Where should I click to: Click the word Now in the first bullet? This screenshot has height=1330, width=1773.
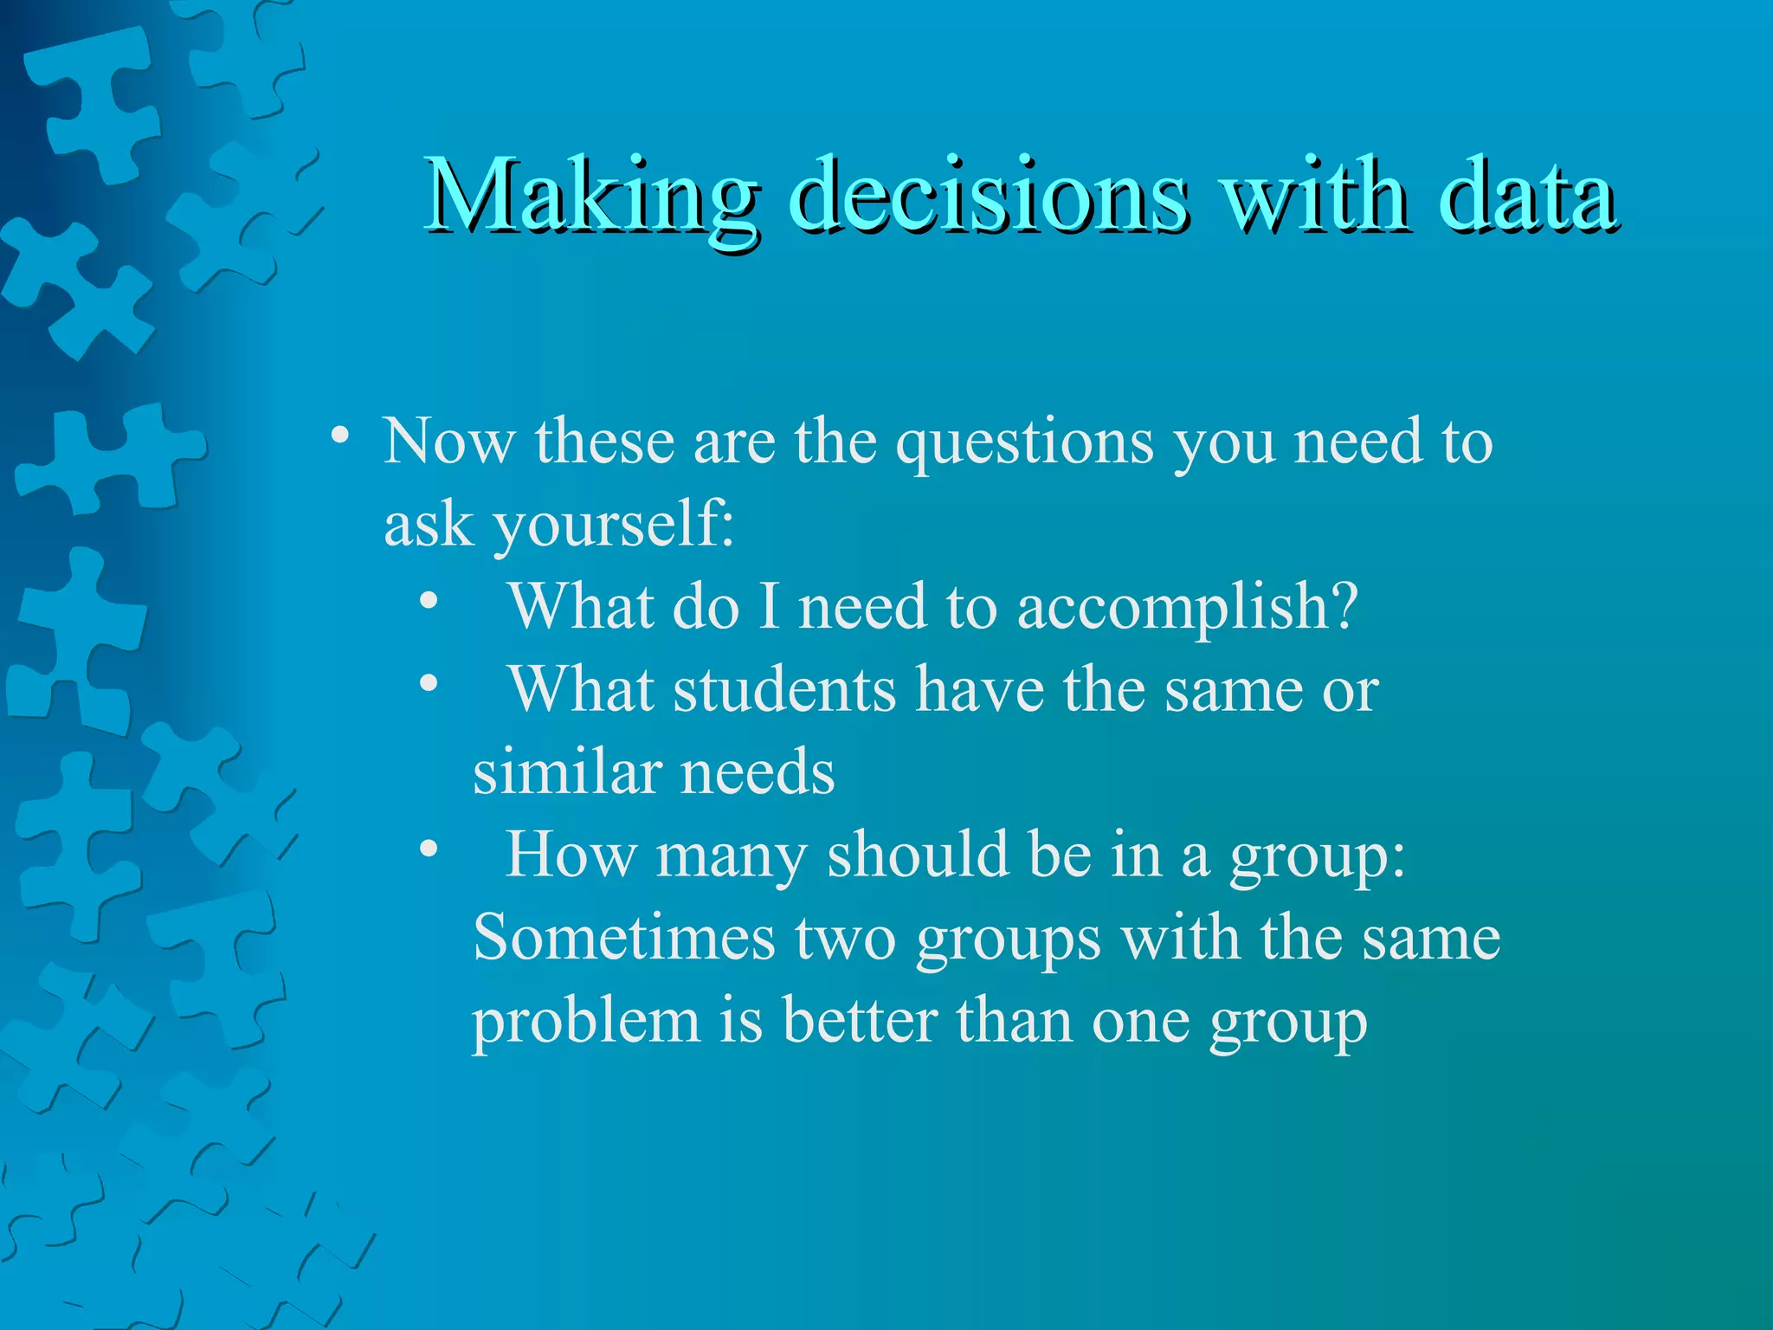(448, 441)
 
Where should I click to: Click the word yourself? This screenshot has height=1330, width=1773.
(614, 525)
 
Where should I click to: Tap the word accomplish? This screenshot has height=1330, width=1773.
(1187, 607)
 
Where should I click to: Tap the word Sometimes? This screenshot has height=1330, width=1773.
(623, 938)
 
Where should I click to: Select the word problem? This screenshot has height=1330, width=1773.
(586, 1022)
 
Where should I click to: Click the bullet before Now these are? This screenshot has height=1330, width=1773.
(340, 434)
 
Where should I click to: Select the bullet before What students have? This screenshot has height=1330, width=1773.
(428, 683)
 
